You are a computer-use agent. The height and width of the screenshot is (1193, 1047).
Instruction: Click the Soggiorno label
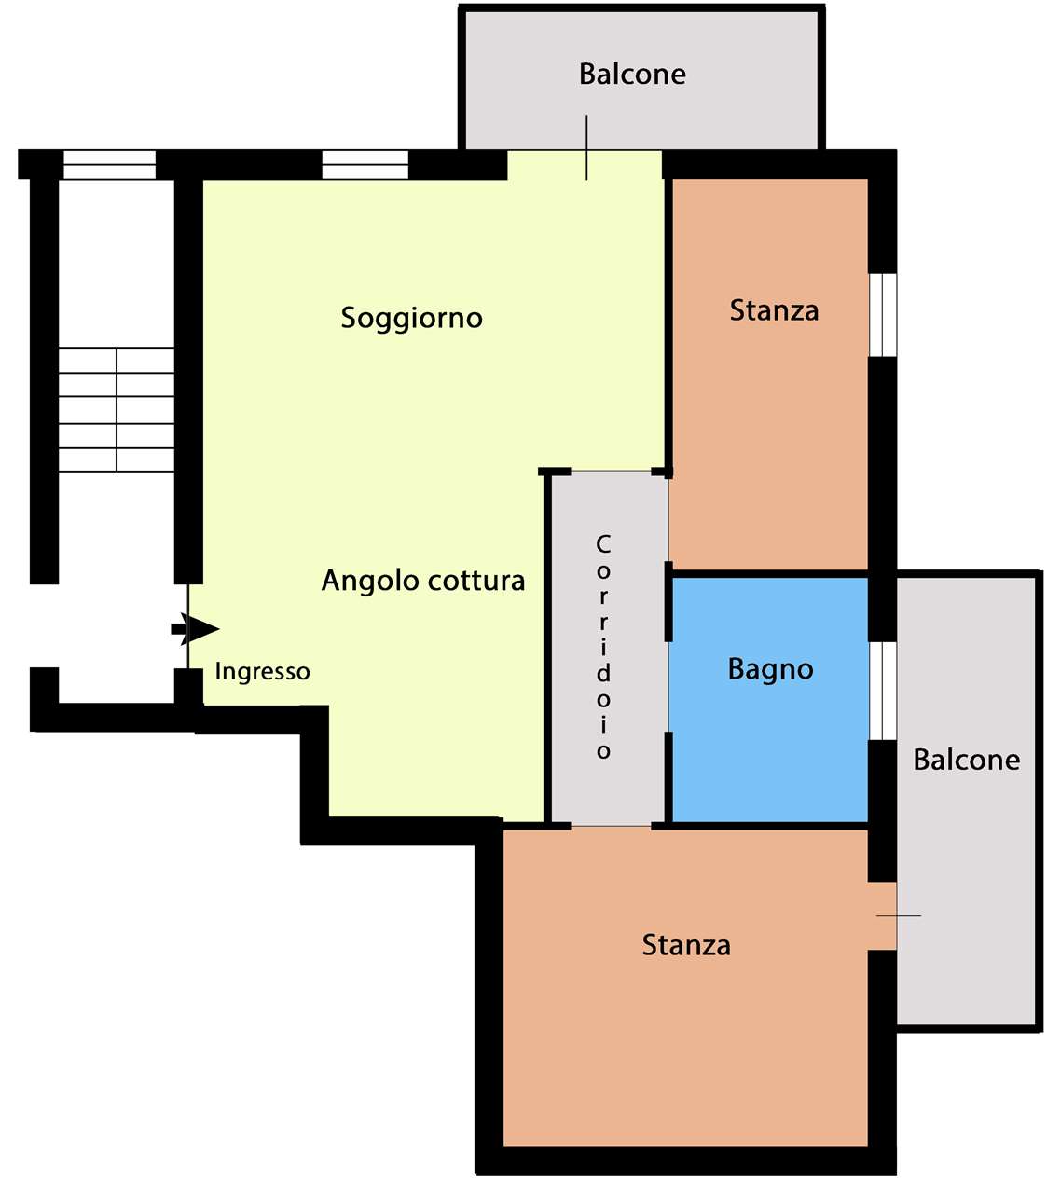point(411,319)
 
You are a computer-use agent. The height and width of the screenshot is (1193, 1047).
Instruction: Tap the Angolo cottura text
point(423,581)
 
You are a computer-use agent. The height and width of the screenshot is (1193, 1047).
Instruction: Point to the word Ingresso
point(262,672)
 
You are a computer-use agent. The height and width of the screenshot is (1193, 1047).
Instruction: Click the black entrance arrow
point(195,629)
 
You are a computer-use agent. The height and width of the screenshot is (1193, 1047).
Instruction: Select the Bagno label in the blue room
point(771,669)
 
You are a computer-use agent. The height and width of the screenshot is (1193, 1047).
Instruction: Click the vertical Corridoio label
point(602,647)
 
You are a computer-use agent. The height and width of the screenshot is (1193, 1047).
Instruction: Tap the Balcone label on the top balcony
point(632,75)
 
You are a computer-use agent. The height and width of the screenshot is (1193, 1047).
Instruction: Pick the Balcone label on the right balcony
point(967,761)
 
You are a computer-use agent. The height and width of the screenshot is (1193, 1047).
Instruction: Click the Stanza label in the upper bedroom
point(774,310)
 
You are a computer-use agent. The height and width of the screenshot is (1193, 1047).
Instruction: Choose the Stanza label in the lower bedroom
point(686,945)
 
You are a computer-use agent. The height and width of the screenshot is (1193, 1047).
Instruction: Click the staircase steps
point(117,410)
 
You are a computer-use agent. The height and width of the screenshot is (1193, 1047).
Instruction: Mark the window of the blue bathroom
point(883,691)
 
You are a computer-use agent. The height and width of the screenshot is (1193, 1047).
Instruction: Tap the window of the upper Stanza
point(883,315)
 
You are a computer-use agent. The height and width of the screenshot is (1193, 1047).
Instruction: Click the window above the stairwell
point(110,164)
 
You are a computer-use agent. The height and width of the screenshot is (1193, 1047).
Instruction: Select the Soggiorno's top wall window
point(365,164)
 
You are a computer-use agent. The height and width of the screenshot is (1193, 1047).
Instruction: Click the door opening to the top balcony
point(585,164)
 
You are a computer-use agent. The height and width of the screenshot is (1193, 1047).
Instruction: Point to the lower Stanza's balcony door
point(883,915)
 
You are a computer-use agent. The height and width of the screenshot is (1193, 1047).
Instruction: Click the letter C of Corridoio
point(602,543)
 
